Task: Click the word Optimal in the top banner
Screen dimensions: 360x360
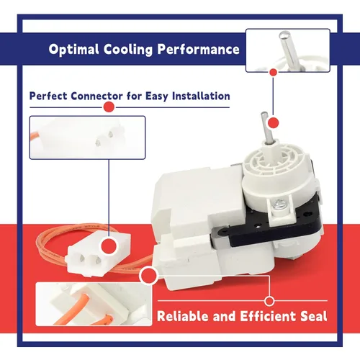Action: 73,50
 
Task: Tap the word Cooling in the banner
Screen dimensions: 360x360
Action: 128,50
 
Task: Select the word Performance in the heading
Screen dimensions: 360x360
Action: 199,49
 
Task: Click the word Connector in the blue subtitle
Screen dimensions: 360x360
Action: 96,96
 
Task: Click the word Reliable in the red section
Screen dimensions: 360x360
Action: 183,316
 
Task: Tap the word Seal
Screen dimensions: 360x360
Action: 314,316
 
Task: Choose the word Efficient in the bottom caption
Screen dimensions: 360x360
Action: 268,316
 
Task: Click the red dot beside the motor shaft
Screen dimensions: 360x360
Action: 273,123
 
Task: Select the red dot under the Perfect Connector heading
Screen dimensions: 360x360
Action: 109,107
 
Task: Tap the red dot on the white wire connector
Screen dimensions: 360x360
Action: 109,246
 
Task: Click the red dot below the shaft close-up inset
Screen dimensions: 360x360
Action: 274,72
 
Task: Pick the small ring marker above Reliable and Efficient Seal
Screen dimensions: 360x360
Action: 269,301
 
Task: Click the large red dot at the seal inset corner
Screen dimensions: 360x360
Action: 149,275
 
